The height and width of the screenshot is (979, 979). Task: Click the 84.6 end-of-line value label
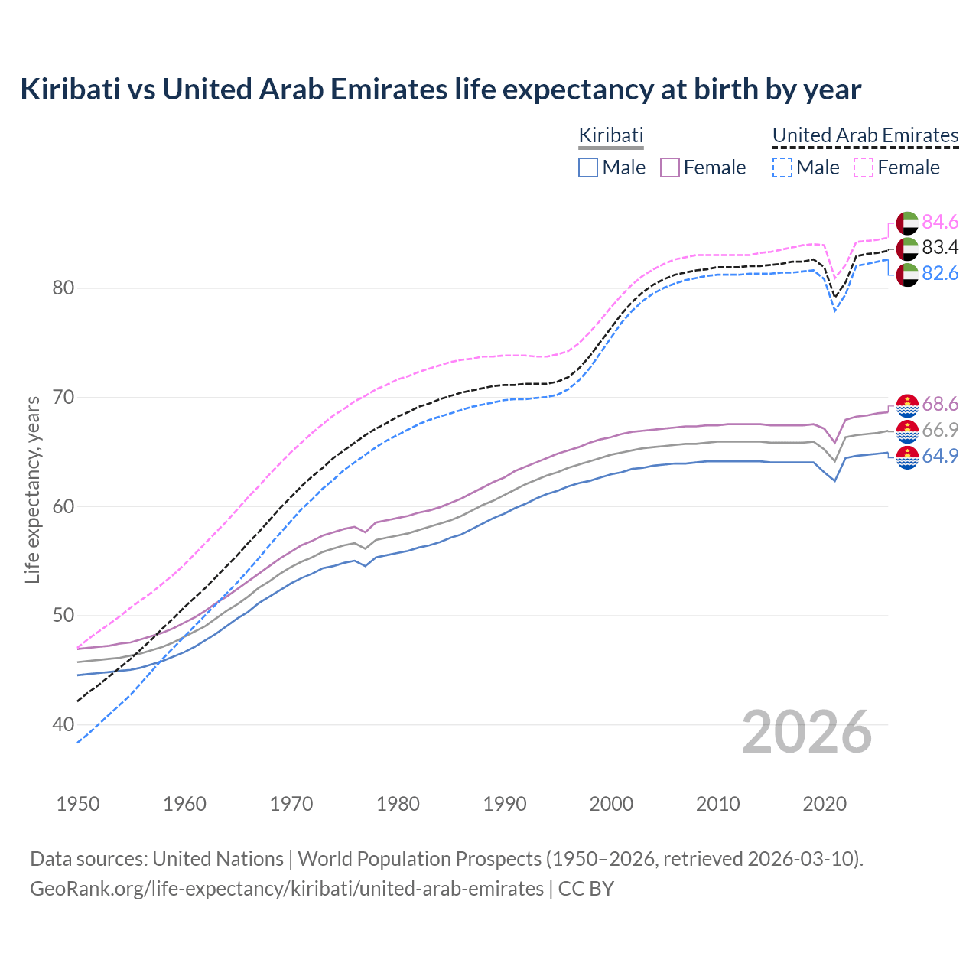[x=940, y=222]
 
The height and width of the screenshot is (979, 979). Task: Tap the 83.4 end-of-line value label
[x=940, y=247]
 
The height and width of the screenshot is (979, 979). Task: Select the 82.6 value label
[x=940, y=273]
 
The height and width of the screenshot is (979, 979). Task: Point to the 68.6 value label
[x=940, y=404]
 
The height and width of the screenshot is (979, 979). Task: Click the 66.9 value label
[x=940, y=430]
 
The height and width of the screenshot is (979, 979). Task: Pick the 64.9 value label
[x=940, y=456]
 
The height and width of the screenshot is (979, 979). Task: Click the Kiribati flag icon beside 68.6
[x=907, y=405]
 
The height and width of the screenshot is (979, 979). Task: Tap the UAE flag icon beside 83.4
[x=907, y=248]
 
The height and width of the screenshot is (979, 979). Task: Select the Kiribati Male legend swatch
[x=587, y=168]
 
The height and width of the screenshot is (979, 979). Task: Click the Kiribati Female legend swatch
[x=670, y=168]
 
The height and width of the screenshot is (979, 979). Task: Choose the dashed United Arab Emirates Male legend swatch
[x=782, y=168]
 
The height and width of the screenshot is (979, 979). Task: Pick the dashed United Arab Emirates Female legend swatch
[x=864, y=168]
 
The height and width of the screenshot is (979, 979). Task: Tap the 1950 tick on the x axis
[x=78, y=804]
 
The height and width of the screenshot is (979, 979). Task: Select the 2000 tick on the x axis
[x=611, y=804]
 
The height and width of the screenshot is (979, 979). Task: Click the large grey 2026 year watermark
[x=806, y=732]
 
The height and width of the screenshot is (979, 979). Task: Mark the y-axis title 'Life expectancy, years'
[x=33, y=489]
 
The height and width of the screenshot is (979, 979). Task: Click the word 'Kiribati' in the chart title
[x=70, y=89]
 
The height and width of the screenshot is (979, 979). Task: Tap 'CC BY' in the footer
[x=586, y=889]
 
